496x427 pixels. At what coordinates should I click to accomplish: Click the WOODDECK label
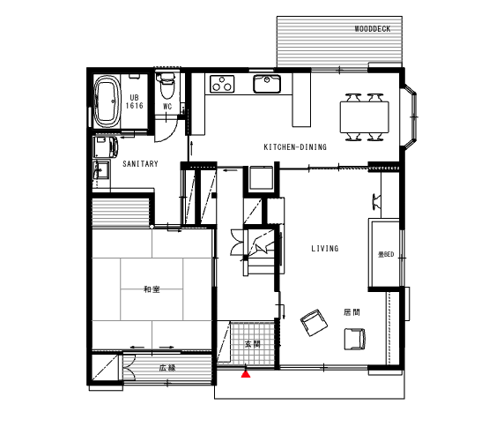click(373, 29)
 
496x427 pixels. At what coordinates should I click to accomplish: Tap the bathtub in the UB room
click(107, 101)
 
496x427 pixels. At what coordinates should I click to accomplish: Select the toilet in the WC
click(167, 86)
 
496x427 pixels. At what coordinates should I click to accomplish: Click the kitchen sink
click(267, 84)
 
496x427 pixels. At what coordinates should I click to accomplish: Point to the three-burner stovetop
click(222, 84)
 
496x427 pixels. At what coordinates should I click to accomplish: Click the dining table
click(365, 116)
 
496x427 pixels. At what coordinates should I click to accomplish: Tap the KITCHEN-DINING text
click(295, 147)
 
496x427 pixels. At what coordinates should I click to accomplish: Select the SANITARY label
click(140, 164)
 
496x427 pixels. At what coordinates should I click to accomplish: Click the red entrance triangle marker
click(246, 374)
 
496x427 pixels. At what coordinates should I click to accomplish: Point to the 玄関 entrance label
click(253, 344)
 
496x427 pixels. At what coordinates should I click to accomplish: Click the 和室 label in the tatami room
click(152, 289)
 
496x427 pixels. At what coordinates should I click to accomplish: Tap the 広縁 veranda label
click(167, 368)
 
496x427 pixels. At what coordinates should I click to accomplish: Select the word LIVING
click(325, 248)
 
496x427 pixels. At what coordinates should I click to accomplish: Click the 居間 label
click(352, 312)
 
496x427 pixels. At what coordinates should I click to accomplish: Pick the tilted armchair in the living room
click(314, 323)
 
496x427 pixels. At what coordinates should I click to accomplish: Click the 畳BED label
click(386, 254)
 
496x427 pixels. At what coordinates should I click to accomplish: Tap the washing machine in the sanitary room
click(106, 146)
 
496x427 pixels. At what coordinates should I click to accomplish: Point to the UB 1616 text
click(135, 101)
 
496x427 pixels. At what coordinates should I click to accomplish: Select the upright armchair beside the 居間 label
click(355, 339)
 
